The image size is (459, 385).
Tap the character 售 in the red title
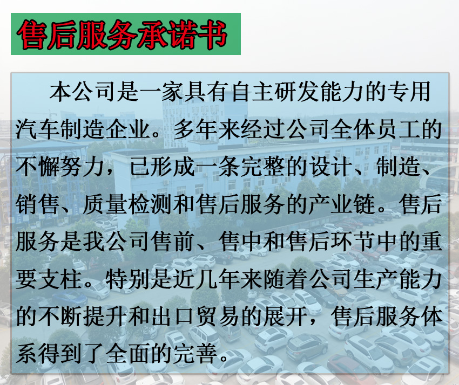coord(32,35)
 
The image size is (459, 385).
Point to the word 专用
coord(409,92)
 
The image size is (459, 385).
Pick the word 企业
coord(127,129)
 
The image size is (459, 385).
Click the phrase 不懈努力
coord(60,167)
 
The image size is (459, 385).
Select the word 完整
coord(262,167)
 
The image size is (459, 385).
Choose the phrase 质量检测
coord(127,204)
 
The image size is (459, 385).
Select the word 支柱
coord(60,280)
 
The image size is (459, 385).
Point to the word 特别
coord(127,280)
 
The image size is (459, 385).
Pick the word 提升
coord(105,317)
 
